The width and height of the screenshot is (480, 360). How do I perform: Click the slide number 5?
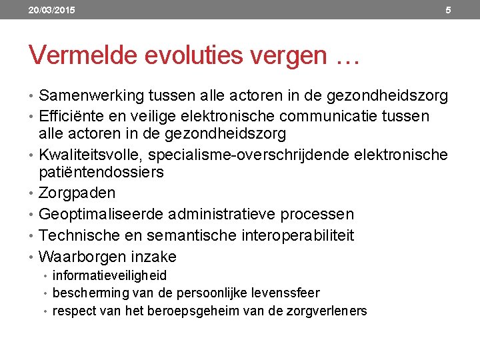(x=448, y=10)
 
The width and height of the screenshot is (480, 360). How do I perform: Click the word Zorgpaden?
(x=77, y=193)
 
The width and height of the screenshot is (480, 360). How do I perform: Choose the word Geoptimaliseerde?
(x=101, y=215)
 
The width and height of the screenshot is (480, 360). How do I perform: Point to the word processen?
(x=317, y=215)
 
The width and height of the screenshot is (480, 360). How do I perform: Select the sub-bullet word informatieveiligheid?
(x=109, y=275)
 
